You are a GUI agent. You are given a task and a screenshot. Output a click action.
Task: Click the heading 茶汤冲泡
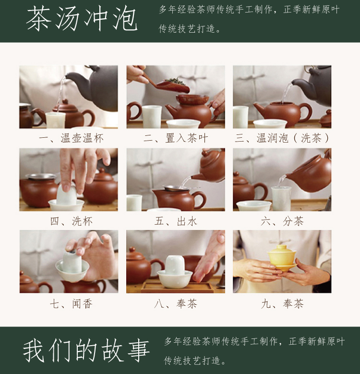pos(82,19)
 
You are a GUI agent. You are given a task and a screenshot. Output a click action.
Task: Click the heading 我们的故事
pos(86,350)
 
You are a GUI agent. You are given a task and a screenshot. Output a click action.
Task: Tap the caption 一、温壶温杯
pos(71,138)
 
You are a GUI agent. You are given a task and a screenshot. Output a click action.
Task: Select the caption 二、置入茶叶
pos(176,138)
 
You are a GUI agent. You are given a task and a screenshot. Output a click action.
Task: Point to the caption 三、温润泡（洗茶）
pos(282,138)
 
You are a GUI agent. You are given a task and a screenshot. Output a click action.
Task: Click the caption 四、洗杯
pos(71,221)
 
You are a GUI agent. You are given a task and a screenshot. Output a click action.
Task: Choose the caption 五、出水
pos(176,221)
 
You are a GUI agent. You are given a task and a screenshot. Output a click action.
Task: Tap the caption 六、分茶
pos(282,221)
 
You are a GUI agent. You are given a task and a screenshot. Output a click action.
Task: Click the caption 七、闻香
pos(71,304)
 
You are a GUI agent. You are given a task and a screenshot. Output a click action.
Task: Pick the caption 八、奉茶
pos(176,304)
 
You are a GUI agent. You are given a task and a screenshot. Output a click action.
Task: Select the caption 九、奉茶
pos(282,304)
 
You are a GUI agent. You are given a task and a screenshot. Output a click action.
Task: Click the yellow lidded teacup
pos(282,258)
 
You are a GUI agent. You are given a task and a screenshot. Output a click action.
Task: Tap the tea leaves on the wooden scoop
pos(176,81)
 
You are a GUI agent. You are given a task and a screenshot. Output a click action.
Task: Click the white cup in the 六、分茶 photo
pos(281,198)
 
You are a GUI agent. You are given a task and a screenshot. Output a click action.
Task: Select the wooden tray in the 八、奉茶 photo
pos(177,288)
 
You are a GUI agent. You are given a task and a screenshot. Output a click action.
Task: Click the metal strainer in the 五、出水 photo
pos(175,188)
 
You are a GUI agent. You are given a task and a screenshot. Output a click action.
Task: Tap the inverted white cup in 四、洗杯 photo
pos(66,194)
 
